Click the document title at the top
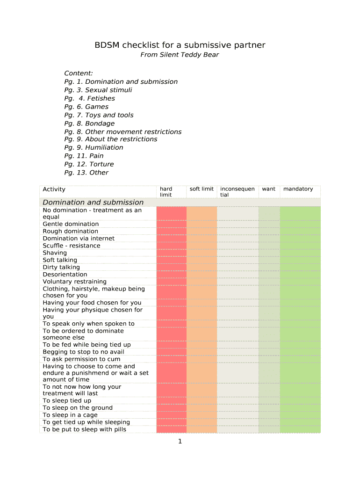[180, 45]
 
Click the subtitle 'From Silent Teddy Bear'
[180, 55]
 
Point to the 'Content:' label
[79, 73]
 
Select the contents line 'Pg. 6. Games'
[86, 107]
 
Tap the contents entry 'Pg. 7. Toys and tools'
[99, 115]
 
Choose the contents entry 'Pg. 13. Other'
[86, 173]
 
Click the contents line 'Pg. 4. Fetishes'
[89, 98]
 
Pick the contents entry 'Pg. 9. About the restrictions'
[110, 139]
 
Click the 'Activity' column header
[54, 189]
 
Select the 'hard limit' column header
[166, 192]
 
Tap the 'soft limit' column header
[202, 189]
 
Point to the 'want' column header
[268, 189]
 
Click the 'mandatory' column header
[298, 189]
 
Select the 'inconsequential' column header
[237, 192]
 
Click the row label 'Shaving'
[55, 253]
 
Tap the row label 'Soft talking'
[60, 260]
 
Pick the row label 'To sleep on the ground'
[78, 408]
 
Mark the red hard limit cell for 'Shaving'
[171, 253]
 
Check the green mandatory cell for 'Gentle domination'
[300, 224]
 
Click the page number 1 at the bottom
[180, 442]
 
